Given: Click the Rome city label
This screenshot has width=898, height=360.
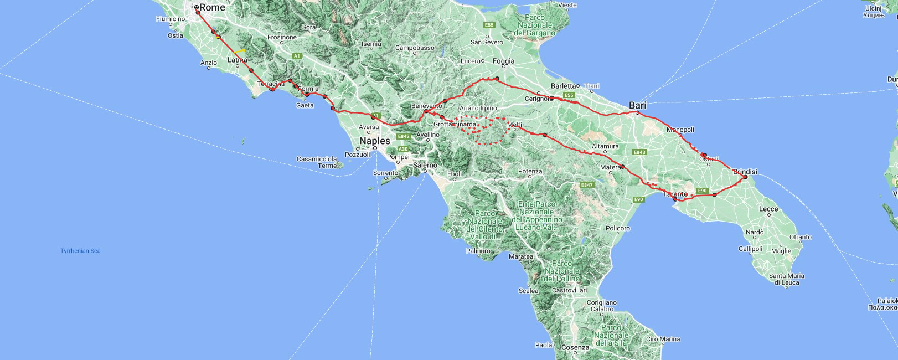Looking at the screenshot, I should coord(212,7).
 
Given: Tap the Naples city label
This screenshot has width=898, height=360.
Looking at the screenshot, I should coord(375,141).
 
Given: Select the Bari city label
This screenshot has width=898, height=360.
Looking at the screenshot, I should coord(637,105).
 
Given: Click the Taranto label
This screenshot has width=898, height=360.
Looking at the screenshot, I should coord(675,194).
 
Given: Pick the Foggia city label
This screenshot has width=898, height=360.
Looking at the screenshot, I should coord(503,61).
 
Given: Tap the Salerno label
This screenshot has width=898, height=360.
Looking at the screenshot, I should coord(425,165).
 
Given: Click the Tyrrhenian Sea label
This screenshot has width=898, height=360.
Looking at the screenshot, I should coord(80,251).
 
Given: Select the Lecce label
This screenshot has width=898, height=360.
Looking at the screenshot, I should coord(768,209).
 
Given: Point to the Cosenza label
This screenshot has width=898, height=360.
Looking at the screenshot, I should coord(575,348).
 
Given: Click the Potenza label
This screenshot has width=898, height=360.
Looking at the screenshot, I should coord(530,171).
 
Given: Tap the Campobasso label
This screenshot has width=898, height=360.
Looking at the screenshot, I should coord(415,48).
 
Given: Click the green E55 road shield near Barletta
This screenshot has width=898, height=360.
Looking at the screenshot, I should coord(569,95).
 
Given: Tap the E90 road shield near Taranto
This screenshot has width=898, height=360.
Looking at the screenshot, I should coord(702,191).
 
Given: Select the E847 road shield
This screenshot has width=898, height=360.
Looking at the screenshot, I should coord(587,185).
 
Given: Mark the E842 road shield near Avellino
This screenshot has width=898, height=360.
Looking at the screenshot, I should coord(403,136).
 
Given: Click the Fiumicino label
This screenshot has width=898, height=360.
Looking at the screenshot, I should coord(171,19).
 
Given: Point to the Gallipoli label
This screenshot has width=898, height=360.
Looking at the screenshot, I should coord(750,249).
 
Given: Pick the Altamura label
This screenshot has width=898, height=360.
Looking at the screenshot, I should coord(605,147).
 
